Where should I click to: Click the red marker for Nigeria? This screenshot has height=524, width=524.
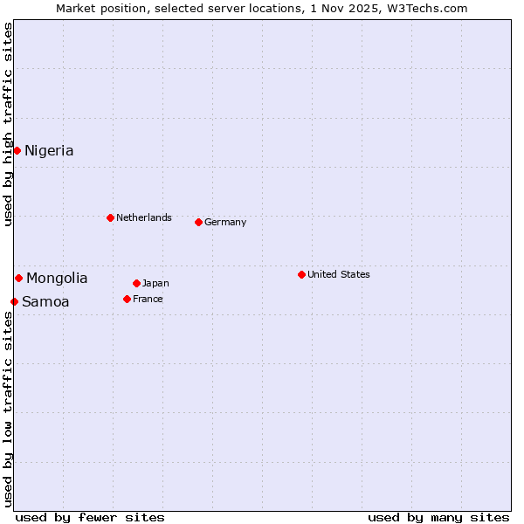click(x=17, y=150)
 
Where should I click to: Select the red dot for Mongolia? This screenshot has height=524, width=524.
click(x=18, y=278)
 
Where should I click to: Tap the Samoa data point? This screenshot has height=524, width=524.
click(x=14, y=301)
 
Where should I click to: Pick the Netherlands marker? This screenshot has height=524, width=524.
click(x=110, y=217)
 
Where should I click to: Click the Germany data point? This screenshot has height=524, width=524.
click(x=198, y=222)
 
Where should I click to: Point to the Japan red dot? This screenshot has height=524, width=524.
click(x=136, y=283)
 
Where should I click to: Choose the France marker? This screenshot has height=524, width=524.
click(x=127, y=299)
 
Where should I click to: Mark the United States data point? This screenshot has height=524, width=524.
click(x=301, y=274)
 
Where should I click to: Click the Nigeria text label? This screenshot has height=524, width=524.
click(x=49, y=151)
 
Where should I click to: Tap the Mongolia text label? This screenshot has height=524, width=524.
click(x=57, y=279)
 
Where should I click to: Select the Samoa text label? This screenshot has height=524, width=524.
click(x=45, y=302)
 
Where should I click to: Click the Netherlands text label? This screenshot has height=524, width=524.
click(x=144, y=217)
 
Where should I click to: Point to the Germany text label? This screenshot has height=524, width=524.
click(x=225, y=222)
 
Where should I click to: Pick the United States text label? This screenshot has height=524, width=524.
click(x=339, y=274)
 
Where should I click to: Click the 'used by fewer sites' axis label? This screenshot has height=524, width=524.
click(x=90, y=517)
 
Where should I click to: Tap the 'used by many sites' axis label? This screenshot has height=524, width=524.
click(x=438, y=517)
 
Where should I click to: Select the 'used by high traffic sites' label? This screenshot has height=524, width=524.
click(x=8, y=124)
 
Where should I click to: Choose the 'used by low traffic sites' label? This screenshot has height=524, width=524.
click(x=8, y=409)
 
